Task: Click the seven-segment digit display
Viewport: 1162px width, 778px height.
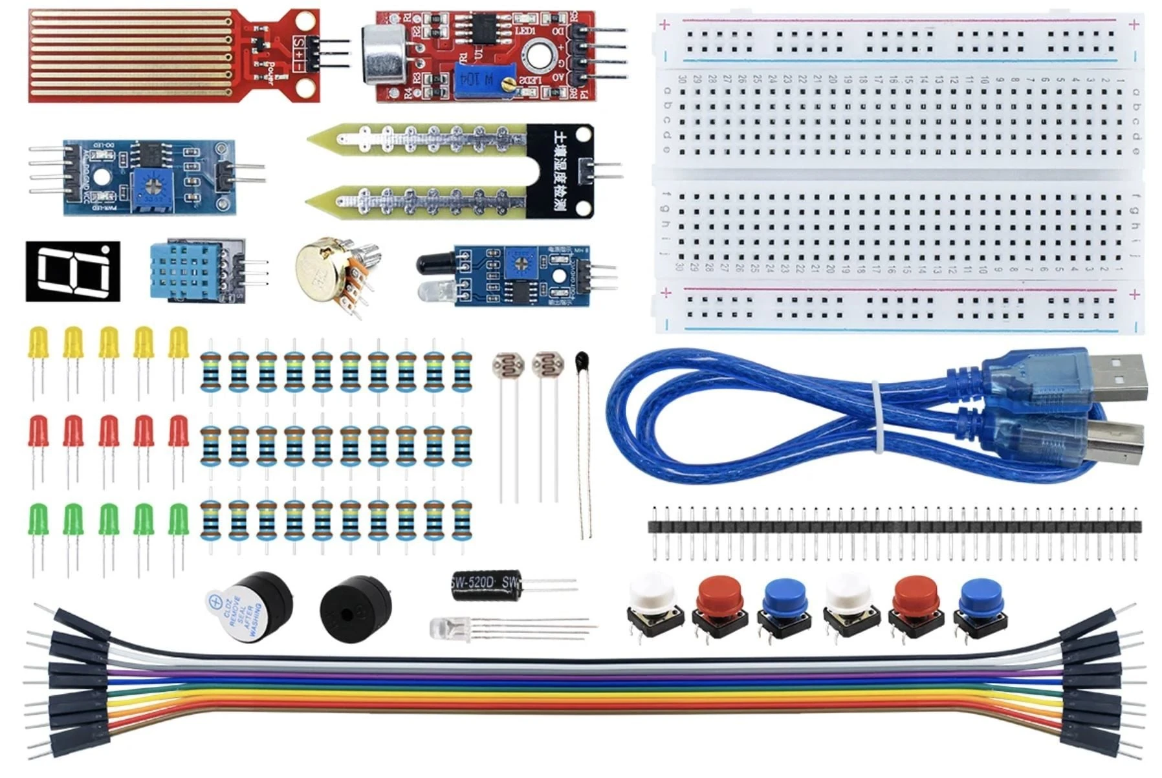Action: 72,271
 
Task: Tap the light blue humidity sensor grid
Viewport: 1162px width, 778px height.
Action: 185,271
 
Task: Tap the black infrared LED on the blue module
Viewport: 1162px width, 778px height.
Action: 433,263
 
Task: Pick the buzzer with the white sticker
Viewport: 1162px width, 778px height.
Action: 248,606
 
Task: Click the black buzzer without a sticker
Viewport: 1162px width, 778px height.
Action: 355,608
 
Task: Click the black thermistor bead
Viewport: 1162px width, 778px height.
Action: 581,360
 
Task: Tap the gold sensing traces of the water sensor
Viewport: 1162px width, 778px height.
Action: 129,56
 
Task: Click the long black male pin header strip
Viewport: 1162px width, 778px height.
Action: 893,526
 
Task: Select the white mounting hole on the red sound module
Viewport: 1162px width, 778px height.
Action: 538,55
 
